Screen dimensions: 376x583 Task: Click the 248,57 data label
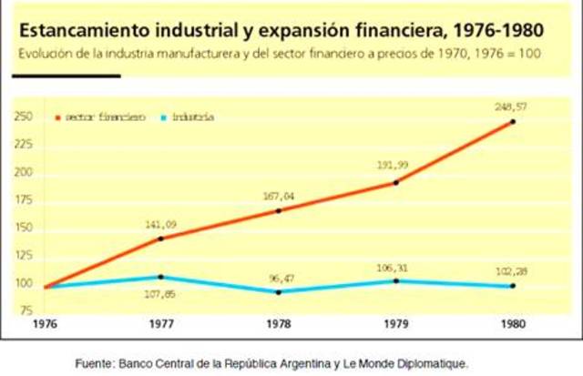(x=512, y=107)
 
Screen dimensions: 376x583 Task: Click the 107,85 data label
(x=160, y=294)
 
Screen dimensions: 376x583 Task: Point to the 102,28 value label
(x=512, y=270)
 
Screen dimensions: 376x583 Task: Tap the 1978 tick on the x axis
(x=278, y=323)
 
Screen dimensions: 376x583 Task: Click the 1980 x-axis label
(x=512, y=323)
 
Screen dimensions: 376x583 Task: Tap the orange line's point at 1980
(x=512, y=121)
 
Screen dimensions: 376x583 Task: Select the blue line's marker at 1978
(x=278, y=291)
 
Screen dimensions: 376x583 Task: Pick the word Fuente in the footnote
(x=93, y=363)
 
